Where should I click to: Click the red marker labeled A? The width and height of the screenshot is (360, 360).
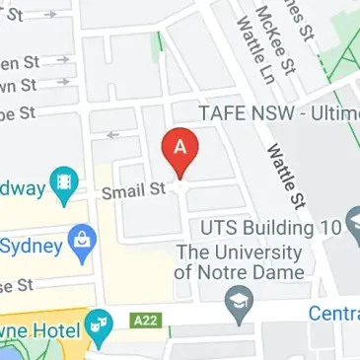(180, 151)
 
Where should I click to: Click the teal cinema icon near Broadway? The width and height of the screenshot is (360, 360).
(65, 182)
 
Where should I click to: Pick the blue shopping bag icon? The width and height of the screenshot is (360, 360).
(80, 240)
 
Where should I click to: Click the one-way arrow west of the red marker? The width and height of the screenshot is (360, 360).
(112, 135)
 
